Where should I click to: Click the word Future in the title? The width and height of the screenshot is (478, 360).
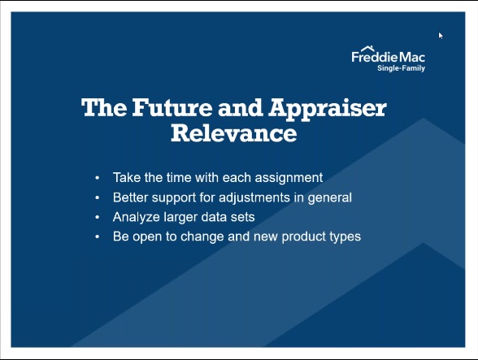pos(172,107)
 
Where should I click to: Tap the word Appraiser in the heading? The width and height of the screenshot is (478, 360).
pos(328,109)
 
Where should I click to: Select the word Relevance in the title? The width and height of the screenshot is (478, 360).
pos(234,133)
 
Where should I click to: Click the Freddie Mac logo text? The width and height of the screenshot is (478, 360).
pos(388,57)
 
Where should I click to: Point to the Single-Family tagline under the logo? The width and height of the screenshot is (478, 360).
pos(402,68)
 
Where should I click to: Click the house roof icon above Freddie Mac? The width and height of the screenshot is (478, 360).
pos(367,49)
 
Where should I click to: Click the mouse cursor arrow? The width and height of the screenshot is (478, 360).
pos(441,36)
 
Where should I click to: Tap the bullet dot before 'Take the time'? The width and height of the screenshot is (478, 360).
pos(98,178)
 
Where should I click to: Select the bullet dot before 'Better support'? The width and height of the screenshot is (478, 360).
pos(98,197)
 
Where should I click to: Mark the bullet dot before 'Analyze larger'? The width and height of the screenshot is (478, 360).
pos(98,217)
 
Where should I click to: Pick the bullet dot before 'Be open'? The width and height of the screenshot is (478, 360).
pos(98,236)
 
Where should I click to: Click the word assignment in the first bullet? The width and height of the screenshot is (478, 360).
pos(289,178)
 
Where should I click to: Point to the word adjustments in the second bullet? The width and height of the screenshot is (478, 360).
pos(254,197)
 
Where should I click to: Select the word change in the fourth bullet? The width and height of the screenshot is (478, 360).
pos(202,237)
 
